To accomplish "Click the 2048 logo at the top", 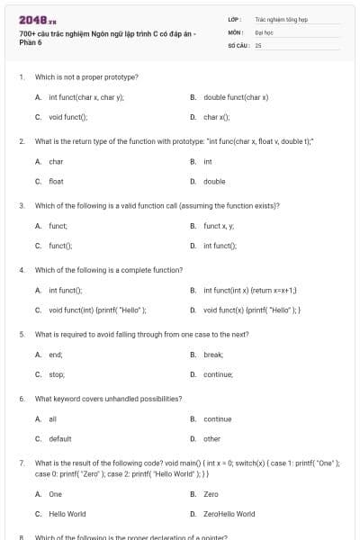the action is tap(31, 19).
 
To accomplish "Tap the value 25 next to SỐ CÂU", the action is tap(258, 43).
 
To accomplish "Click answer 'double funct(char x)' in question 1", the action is tap(236, 96).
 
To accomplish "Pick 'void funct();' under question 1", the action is tap(68, 117).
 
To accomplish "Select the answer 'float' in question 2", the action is tap(56, 181).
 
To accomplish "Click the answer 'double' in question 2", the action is tap(214, 181).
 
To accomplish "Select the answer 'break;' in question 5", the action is tap(212, 355).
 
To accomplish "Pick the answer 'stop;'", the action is tap(57, 374).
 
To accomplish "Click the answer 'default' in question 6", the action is tap(59, 438).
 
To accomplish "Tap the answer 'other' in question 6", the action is tap(211, 438).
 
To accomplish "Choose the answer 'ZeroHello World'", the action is tap(229, 514).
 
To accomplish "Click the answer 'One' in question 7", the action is tap(55, 494).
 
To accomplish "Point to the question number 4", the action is tap(22, 270).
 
